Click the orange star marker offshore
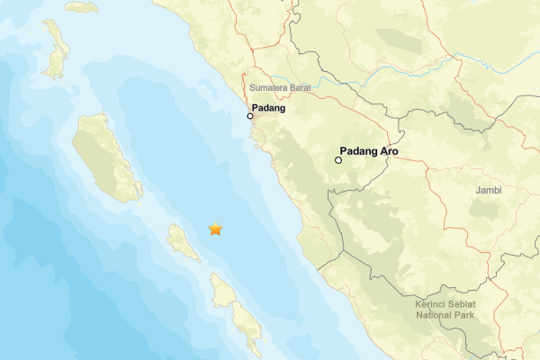(215, 229)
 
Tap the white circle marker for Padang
(250, 116)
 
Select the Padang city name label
(269, 109)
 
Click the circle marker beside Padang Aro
(338, 160)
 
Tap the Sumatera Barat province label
(279, 89)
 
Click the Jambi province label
(489, 191)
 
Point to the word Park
(473, 315)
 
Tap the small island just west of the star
(183, 243)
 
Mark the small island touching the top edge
(81, 6)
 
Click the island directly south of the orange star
(220, 290)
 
